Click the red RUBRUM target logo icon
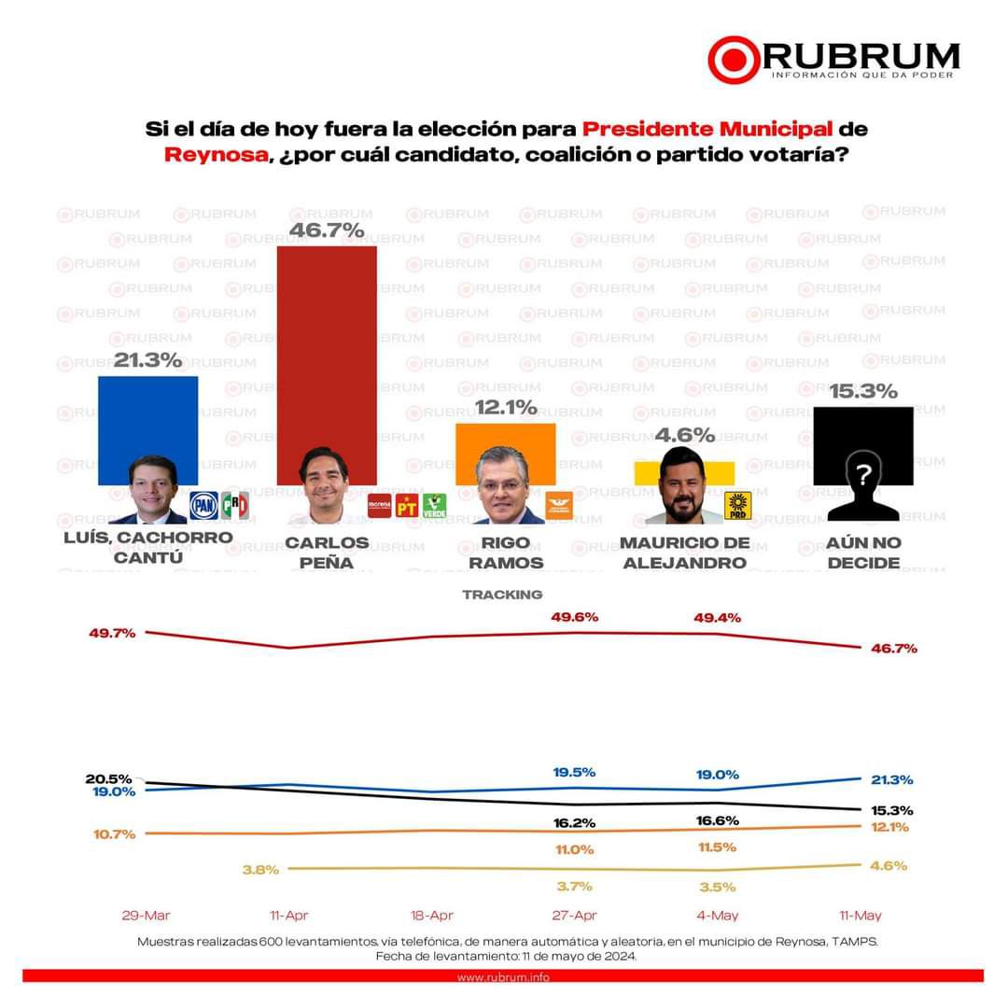tap(736, 60)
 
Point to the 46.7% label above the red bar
tap(327, 230)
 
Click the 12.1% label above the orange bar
tap(506, 408)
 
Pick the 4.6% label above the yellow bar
tap(684, 435)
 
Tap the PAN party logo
tap(203, 505)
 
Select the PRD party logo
tap(738, 505)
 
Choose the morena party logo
tap(379, 506)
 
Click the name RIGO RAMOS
tap(506, 553)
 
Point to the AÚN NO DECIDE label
tap(862, 553)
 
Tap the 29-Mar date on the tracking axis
tap(146, 916)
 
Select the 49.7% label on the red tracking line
tap(113, 633)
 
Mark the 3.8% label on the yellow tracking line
tap(260, 870)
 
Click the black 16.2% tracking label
tap(573, 823)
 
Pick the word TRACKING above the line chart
tap(502, 595)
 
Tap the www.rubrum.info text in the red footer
tap(503, 976)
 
